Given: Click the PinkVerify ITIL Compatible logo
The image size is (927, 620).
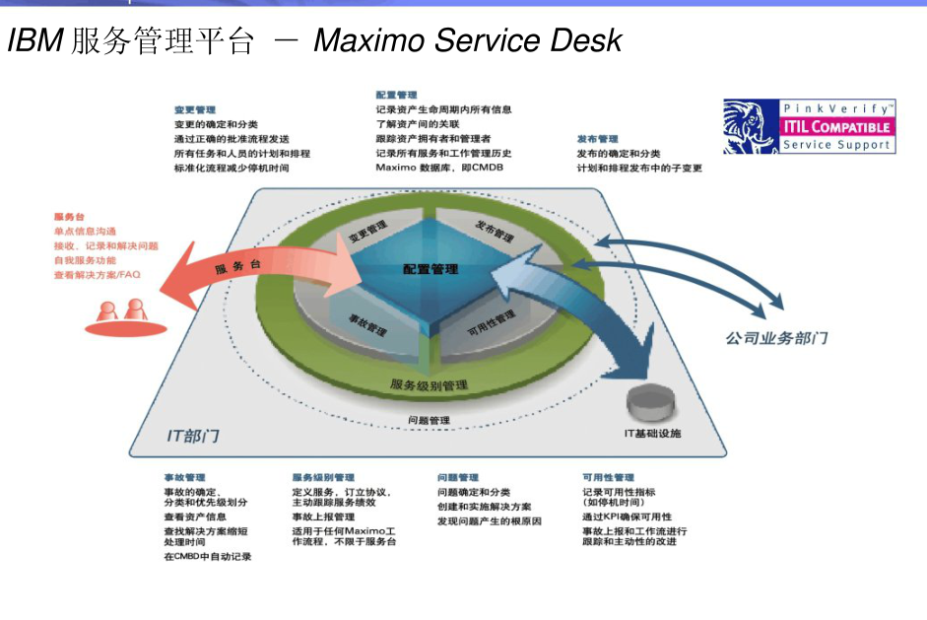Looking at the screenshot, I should point(809,126).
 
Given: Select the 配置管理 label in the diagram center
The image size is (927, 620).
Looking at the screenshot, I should point(430,269).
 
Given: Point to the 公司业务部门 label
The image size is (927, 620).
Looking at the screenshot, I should point(776,338).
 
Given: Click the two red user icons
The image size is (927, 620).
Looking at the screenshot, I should point(121,311).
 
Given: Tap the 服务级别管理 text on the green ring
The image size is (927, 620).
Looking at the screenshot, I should point(429,384).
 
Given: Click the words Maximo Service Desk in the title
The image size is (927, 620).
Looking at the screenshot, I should point(468,40).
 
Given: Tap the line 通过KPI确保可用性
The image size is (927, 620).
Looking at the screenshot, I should point(627,517).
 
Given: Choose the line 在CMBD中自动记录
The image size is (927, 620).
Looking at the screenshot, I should point(207,556).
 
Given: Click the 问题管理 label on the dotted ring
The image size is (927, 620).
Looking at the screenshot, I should point(429,421).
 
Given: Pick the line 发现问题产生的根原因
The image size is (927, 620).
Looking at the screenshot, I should point(489,521).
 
